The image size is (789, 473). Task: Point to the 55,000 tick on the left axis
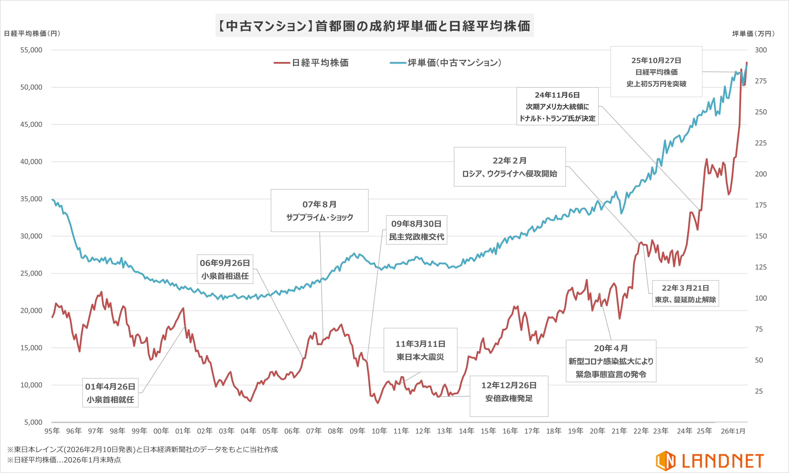[x=31, y=50]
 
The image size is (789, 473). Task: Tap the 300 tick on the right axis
[x=761, y=50]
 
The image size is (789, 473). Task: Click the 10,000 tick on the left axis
[x=31, y=385]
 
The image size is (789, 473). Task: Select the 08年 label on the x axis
[x=336, y=431]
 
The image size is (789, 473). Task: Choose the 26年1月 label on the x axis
[x=733, y=431]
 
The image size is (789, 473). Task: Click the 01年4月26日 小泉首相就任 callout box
[x=110, y=393]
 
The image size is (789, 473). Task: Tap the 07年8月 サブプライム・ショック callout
[x=319, y=211]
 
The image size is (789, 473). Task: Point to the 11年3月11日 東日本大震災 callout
[x=420, y=350]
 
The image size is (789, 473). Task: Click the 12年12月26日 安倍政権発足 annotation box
[x=509, y=392]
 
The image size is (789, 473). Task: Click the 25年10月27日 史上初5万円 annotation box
[x=656, y=72]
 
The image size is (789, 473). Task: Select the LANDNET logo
[x=710, y=461]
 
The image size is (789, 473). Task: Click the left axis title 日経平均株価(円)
[x=32, y=33]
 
